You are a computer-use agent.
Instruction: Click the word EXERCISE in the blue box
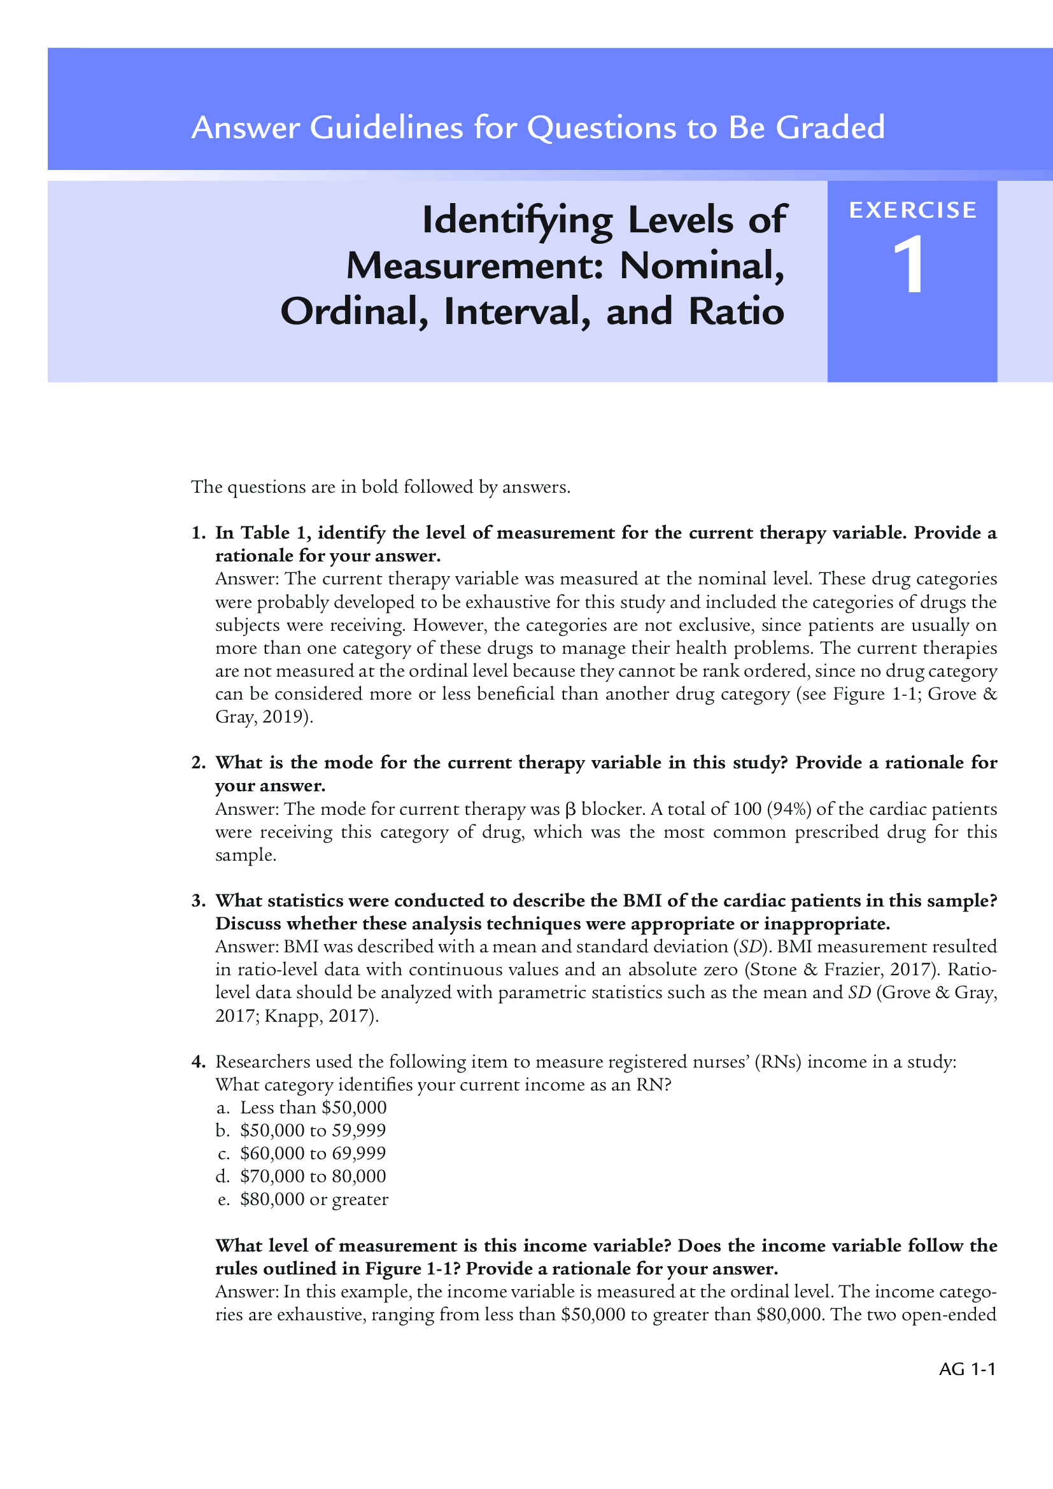click(x=912, y=210)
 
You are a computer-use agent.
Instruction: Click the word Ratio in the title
click(x=736, y=311)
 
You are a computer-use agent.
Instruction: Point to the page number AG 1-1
click(x=967, y=1369)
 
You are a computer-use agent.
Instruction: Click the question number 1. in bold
click(x=199, y=532)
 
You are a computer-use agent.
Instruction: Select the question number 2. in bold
click(x=199, y=762)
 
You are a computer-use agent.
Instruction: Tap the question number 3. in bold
click(x=199, y=900)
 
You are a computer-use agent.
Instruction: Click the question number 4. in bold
click(x=199, y=1061)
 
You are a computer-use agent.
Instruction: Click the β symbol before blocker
click(x=570, y=809)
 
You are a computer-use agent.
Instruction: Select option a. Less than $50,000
click(x=302, y=1107)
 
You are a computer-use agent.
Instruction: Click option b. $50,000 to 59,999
click(x=302, y=1130)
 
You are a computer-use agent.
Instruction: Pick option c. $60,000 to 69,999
click(x=302, y=1152)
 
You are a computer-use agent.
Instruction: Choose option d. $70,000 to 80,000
click(x=302, y=1176)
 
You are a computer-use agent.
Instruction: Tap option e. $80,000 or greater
click(x=304, y=1199)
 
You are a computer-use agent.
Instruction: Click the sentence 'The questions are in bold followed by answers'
click(x=381, y=486)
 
